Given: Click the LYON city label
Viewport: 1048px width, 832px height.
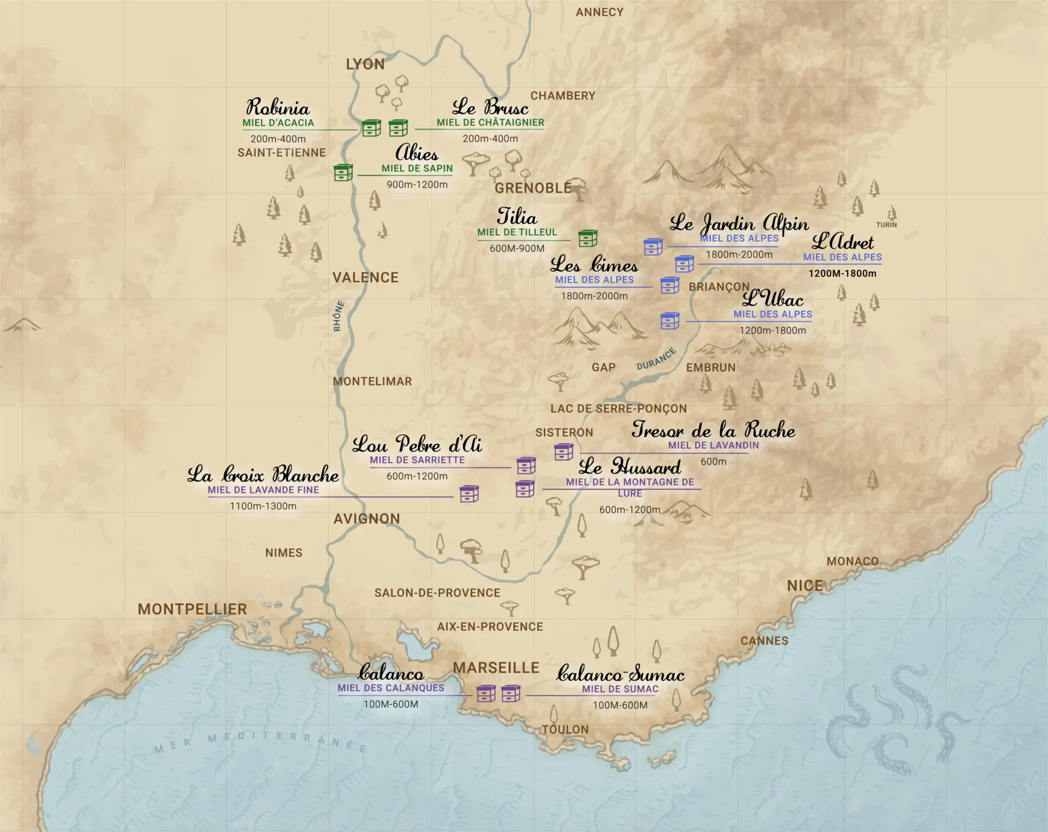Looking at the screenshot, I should pos(365,64).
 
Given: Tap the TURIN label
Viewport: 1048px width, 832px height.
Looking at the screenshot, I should pos(886,225).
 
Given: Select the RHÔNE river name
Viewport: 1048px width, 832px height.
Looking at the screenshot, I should pos(339,316).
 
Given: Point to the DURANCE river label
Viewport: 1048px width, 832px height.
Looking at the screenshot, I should pos(656,359).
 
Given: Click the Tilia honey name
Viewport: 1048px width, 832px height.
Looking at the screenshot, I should pos(516,217).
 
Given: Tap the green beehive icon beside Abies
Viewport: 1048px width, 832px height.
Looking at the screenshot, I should pos(343,173).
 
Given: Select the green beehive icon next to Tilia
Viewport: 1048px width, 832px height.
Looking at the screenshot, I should pos(588,238).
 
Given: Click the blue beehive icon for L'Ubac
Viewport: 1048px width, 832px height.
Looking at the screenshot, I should pos(670,320).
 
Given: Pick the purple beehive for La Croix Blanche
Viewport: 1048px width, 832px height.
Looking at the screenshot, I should pos(469,494).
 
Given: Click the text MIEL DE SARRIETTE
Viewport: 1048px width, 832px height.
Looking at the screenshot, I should pos(417,460).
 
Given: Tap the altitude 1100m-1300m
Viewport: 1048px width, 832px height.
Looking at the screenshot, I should pos(263,506).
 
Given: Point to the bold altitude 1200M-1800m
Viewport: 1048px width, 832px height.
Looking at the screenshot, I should pos(842,274).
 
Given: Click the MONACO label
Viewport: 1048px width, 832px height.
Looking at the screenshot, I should pos(852,561).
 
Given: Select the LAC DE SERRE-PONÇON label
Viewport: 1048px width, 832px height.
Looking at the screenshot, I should pos(618,408).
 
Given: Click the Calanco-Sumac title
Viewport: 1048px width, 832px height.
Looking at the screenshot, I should pos(620,674).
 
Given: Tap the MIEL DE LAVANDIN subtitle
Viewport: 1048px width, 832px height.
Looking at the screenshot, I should pos(713,445).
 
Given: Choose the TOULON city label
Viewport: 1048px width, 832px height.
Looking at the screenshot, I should pos(565,729).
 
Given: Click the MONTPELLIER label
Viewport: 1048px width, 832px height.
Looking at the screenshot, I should pos(192,609).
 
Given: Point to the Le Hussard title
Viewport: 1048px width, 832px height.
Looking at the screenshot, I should pos(629,467).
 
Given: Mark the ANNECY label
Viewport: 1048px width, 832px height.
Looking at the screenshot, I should pos(599,12).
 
